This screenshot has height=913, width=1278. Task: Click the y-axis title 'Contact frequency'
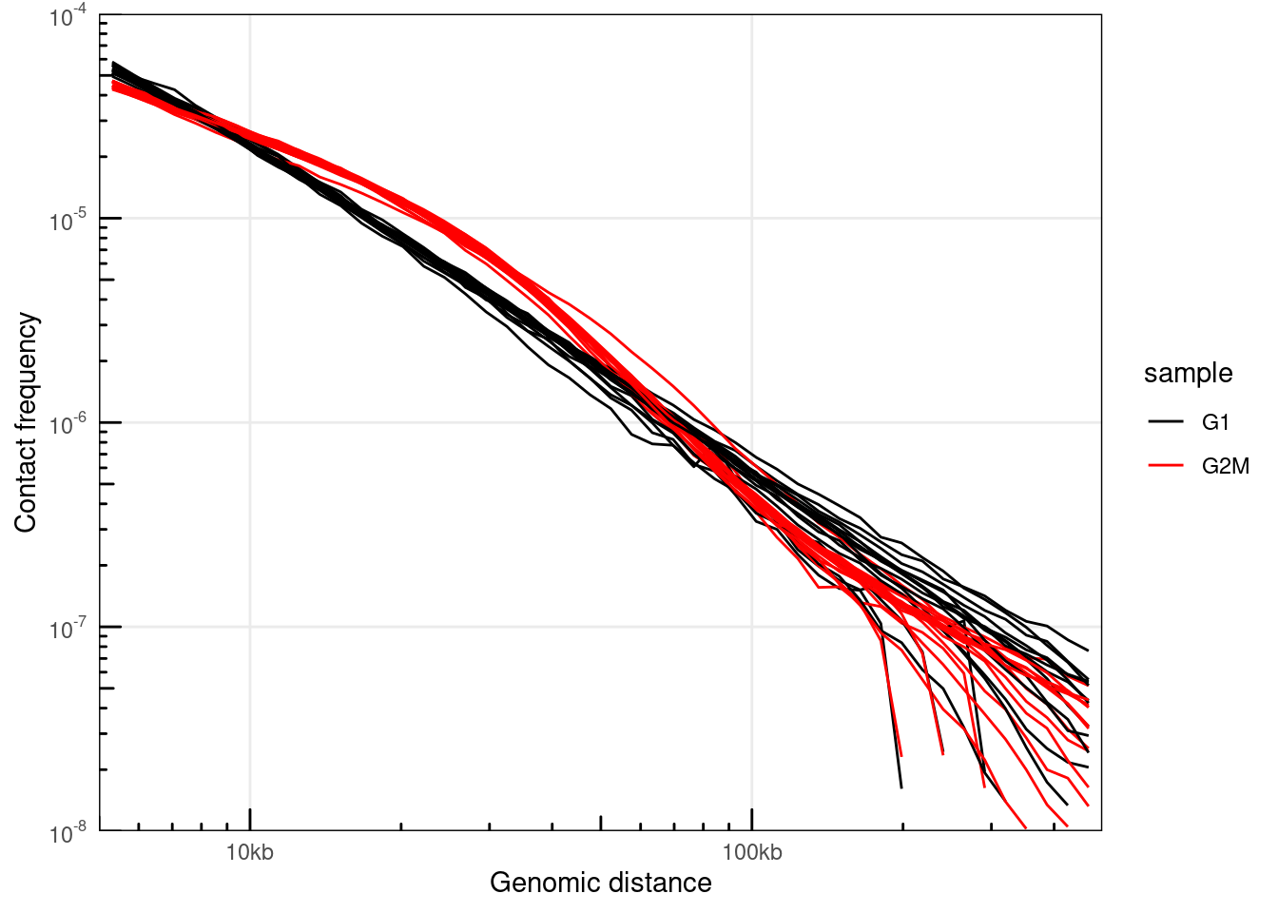tap(26, 423)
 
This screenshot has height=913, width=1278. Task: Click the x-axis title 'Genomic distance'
tap(600, 883)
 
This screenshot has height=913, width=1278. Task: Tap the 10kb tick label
tap(250, 852)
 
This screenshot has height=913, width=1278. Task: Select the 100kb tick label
tap(752, 852)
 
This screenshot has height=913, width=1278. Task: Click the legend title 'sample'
tap(1188, 374)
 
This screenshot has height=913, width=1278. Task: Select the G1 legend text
tap(1215, 422)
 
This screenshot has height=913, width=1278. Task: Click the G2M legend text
tap(1225, 466)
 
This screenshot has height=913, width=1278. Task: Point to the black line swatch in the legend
tap(1165, 421)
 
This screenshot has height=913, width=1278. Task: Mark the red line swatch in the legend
tap(1165, 465)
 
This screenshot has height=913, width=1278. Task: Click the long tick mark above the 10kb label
tap(250, 819)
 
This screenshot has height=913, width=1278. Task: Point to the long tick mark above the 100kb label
tap(752, 819)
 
